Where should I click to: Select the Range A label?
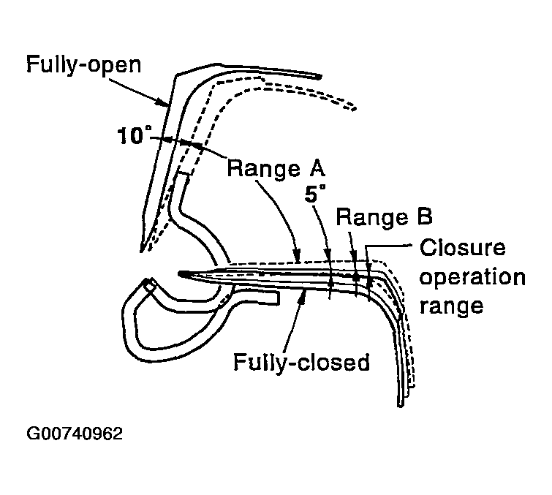point(276,168)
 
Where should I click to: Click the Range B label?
point(385,218)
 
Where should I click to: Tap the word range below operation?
point(453,306)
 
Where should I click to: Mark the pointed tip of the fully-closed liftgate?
point(181,274)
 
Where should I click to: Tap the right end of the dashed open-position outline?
point(354,108)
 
